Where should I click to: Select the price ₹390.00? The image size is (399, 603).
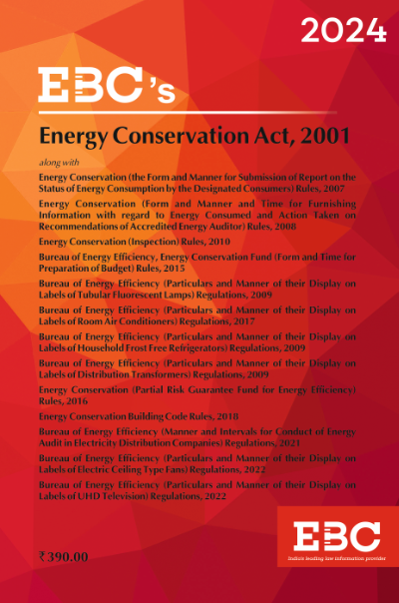click(63, 560)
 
